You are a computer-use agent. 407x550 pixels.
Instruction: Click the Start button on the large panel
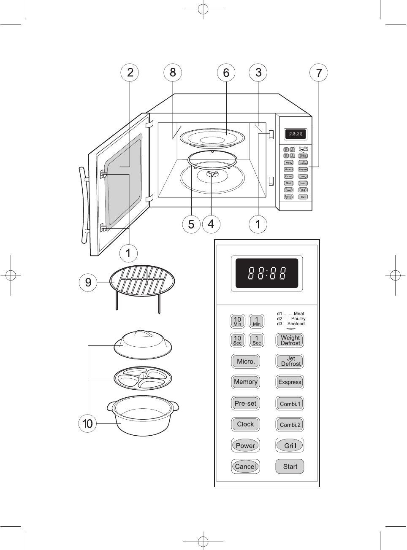(x=290, y=466)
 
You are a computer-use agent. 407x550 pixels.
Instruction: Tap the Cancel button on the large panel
(x=245, y=466)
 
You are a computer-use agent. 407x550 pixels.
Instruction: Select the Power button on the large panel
(x=245, y=445)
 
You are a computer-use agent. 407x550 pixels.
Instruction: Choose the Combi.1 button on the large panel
(x=290, y=404)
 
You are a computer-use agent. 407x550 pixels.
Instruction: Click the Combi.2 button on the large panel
(x=290, y=425)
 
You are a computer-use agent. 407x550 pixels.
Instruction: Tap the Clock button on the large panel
(x=245, y=424)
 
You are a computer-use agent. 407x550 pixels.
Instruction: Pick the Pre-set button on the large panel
(x=245, y=403)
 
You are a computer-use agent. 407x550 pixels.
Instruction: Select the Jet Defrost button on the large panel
(x=290, y=361)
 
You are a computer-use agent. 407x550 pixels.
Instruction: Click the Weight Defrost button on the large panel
(x=290, y=340)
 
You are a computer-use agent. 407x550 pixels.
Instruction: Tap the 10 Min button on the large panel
(x=237, y=321)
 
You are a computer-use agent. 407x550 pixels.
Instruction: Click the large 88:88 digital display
(x=267, y=273)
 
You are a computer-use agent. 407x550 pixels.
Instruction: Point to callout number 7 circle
(x=319, y=73)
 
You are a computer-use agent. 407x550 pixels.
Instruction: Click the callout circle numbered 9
(x=88, y=282)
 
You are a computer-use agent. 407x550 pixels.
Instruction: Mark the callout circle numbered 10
(x=88, y=423)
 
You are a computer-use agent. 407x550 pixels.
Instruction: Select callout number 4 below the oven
(x=211, y=224)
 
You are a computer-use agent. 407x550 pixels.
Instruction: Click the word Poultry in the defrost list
(x=298, y=319)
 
